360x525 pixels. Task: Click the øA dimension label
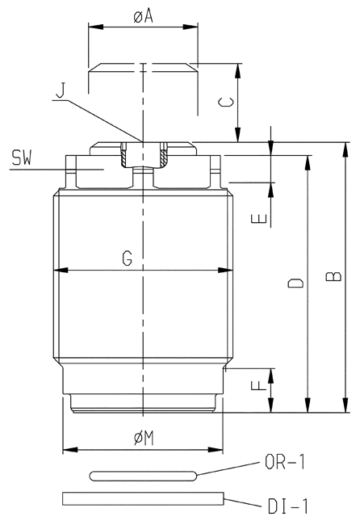click(x=143, y=15)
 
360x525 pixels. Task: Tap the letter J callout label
click(x=61, y=90)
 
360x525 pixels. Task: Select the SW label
click(x=22, y=158)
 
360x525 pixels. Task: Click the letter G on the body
click(x=128, y=258)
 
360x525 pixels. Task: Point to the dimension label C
click(x=226, y=102)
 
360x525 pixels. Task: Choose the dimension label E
click(x=259, y=219)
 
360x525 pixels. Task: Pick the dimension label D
click(x=295, y=283)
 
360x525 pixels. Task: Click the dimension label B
click(x=333, y=276)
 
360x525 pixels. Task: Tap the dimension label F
click(x=259, y=385)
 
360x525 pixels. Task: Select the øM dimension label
click(x=144, y=438)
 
